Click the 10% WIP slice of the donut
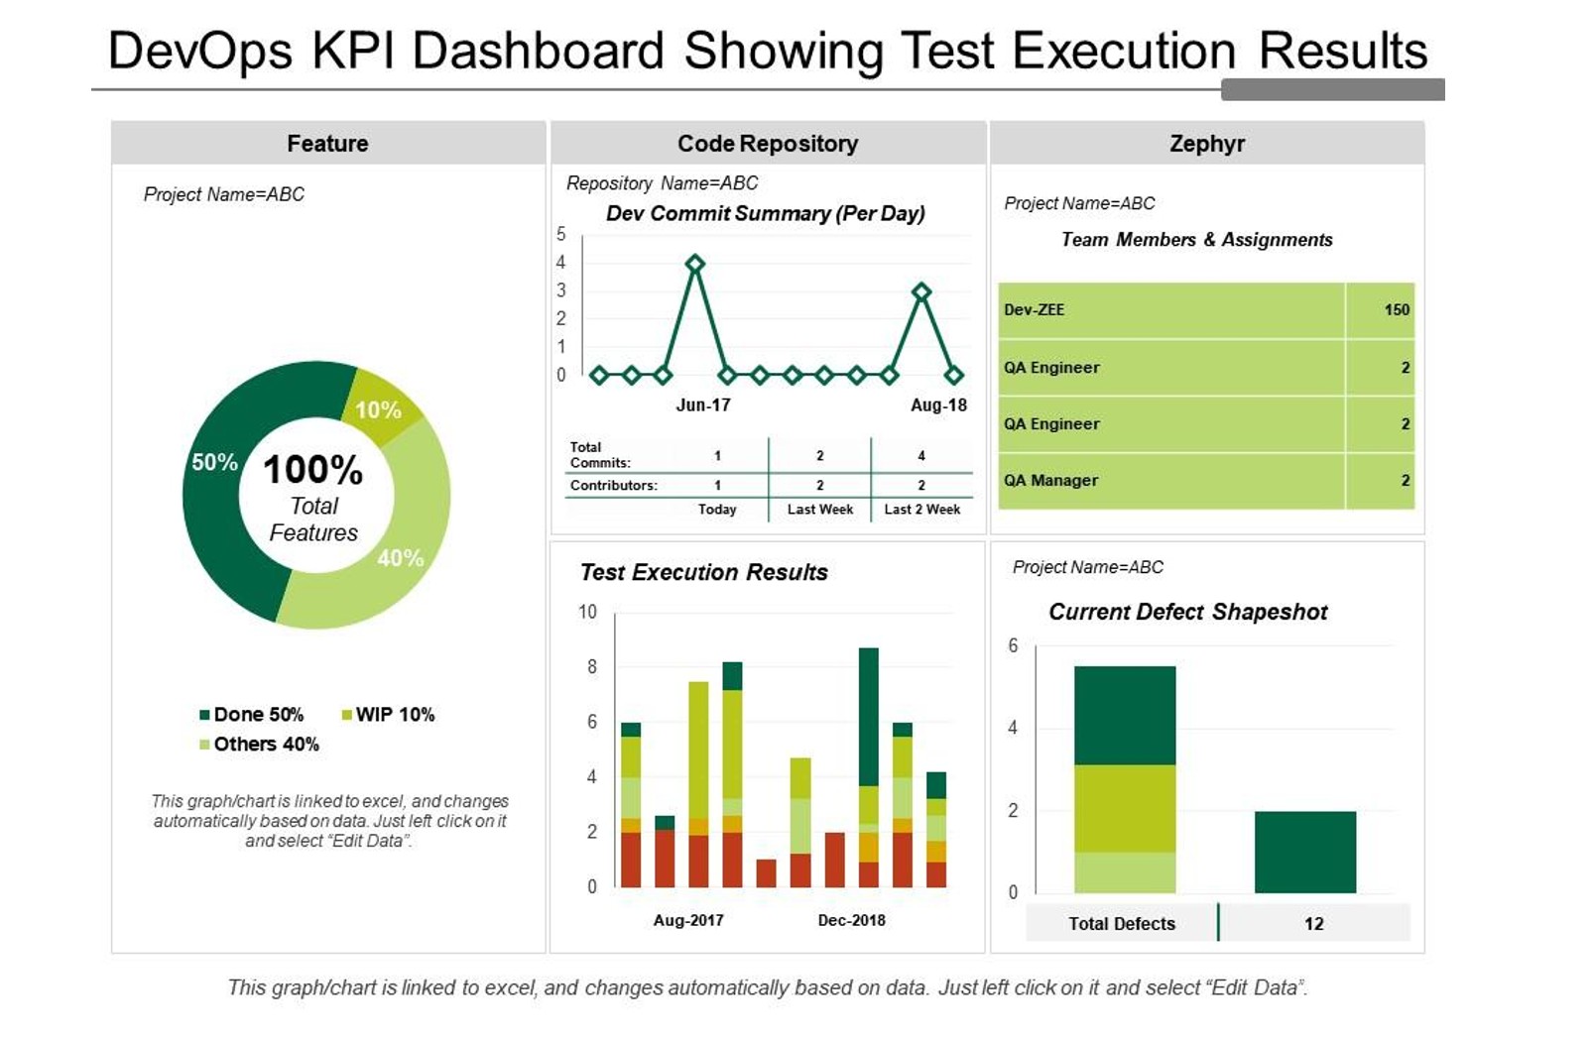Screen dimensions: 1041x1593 [380, 406]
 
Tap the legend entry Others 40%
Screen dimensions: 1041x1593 [259, 745]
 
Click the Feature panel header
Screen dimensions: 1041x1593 [327, 144]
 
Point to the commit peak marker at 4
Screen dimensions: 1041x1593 [695, 264]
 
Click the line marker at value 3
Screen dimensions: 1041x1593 [921, 291]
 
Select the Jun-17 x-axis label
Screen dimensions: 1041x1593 [703, 405]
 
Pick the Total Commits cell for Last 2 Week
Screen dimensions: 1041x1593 [921, 456]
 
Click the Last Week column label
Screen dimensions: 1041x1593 [820, 510]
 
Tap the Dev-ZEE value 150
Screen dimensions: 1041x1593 [1397, 310]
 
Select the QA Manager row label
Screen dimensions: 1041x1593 [1050, 481]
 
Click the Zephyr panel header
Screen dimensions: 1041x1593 [1206, 144]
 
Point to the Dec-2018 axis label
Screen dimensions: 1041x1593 [851, 920]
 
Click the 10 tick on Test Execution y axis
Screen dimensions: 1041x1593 [588, 613]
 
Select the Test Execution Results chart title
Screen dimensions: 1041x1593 [703, 572]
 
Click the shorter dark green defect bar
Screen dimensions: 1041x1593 [1304, 852]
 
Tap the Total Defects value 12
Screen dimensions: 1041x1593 [1313, 924]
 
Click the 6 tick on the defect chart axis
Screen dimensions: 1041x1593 [1013, 646]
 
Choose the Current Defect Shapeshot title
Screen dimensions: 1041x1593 [1187, 612]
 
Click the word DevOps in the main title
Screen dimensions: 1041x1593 [199, 51]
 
